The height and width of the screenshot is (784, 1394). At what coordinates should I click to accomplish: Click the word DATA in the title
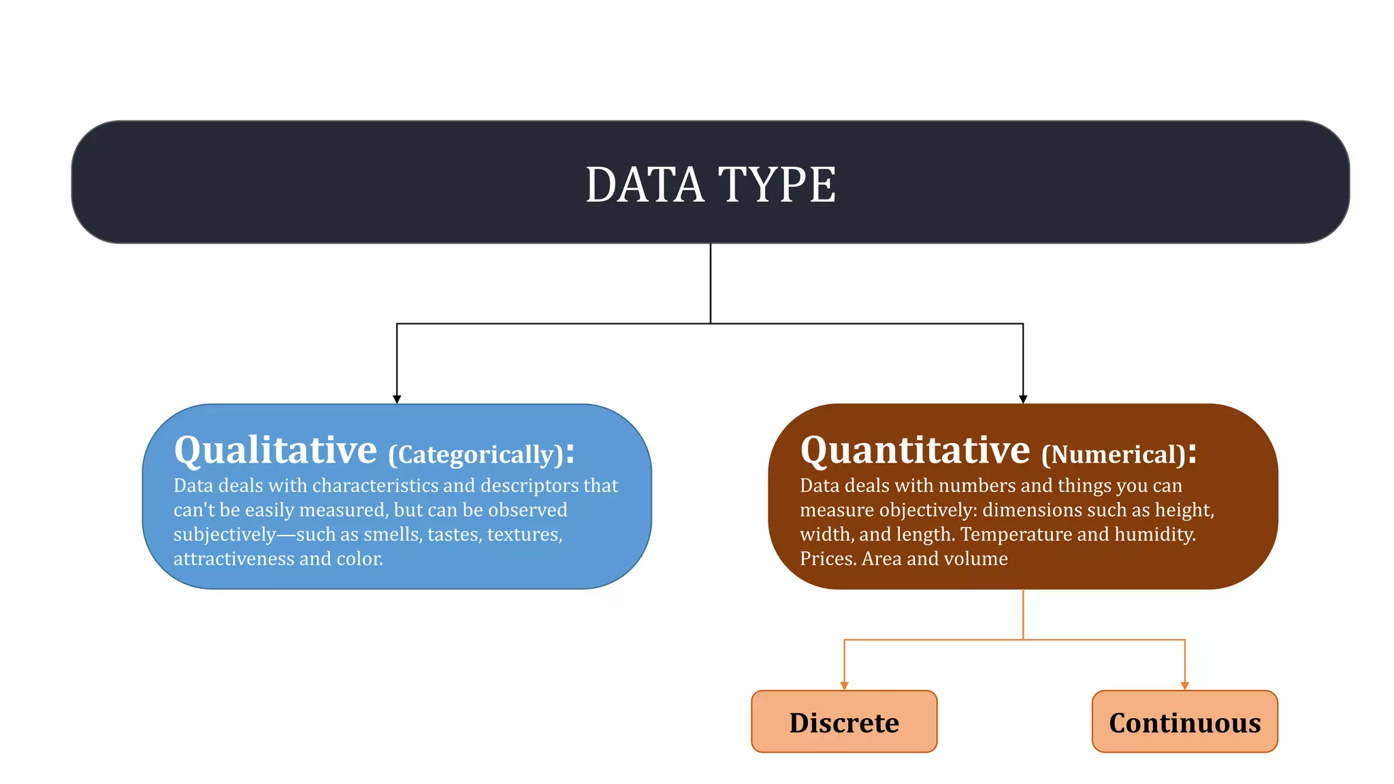(644, 185)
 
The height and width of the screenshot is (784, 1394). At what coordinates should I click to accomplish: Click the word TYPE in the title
(777, 185)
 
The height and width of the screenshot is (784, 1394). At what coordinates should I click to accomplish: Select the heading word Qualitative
(275, 451)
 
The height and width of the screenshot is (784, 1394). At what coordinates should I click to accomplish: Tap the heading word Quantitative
(915, 451)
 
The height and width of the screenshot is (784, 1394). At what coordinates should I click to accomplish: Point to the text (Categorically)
(476, 455)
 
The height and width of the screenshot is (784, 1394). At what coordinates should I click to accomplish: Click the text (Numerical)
(1114, 455)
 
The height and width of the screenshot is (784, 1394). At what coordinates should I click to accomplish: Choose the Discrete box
(844, 722)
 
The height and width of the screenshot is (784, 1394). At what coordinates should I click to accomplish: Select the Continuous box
(1184, 722)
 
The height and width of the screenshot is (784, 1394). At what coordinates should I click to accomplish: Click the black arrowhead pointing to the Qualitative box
(397, 399)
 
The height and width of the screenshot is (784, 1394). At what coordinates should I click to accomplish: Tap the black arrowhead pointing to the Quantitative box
(1023, 399)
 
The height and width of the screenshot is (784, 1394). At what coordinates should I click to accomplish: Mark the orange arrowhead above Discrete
(844, 686)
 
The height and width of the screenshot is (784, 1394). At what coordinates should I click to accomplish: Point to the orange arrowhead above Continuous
(1185, 686)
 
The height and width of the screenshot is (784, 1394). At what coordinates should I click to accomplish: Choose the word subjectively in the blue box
(225, 535)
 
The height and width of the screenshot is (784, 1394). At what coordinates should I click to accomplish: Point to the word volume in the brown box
(976, 559)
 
